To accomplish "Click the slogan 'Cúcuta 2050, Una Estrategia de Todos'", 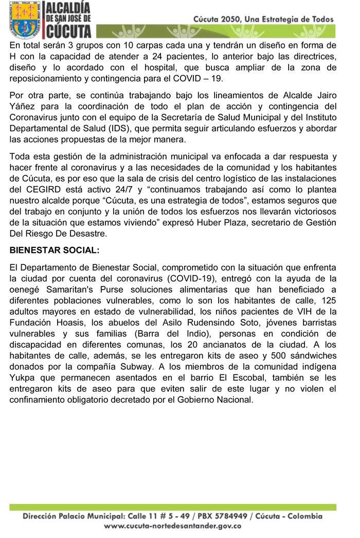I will (263, 19).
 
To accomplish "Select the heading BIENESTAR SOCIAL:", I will (54, 250).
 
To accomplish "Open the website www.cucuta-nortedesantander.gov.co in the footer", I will (173, 526).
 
